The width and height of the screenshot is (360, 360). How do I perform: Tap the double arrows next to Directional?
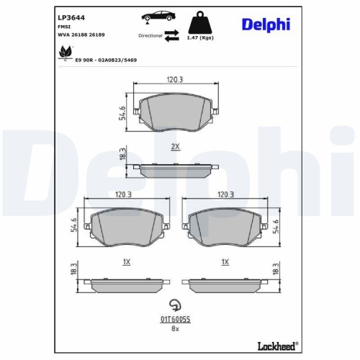tap(172, 35)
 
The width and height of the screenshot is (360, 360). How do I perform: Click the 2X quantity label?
tap(174, 146)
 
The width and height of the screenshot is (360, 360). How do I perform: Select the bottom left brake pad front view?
tap(125, 227)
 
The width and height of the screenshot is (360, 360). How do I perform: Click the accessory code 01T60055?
tap(174, 318)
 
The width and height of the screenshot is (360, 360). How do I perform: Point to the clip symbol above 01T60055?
tap(174, 303)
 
